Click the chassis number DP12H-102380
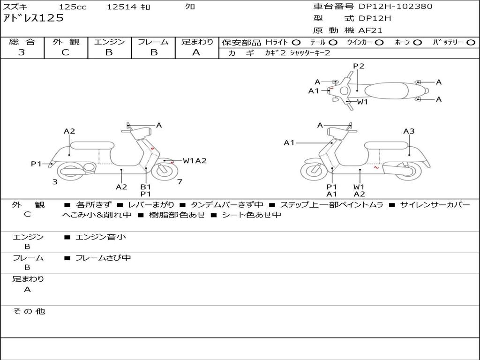pos(396,7)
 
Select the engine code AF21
pos(370,30)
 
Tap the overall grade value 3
pos(22,52)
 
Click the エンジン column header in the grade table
pos(109,42)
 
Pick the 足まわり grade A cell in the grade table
pos(196,52)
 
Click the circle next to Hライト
pos(296,43)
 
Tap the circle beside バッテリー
pos(471,43)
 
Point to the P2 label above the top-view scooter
pos(359,66)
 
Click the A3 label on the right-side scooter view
pos(409,131)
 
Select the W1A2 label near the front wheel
pos(195,161)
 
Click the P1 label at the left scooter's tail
pos(36,164)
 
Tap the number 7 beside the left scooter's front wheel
pos(180,182)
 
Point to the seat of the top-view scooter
pos(387,90)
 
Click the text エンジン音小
pos(101,237)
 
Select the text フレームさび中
pos(103,258)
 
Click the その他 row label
pos(29,311)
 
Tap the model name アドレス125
pos(33,18)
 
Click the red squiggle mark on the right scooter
pos(376,167)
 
